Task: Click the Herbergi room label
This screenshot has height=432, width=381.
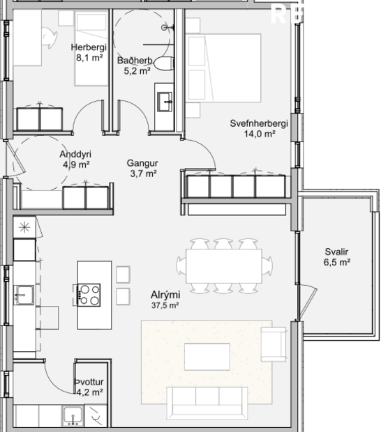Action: coord(87,47)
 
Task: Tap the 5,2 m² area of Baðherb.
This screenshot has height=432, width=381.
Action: coord(137,70)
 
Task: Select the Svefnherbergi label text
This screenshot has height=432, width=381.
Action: coord(259,123)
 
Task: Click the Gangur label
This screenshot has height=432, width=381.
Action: coord(142,164)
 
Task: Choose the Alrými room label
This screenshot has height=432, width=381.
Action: coord(165,295)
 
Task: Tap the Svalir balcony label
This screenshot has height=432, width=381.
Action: coord(336,252)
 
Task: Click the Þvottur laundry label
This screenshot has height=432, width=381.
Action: coord(89,383)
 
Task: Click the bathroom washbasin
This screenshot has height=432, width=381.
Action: coord(165,102)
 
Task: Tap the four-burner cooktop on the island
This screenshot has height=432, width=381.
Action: coord(89,295)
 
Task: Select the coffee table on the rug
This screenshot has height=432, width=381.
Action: coord(207,356)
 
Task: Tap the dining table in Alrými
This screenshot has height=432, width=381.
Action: coord(224,265)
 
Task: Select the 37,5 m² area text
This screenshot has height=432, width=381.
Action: coord(165,305)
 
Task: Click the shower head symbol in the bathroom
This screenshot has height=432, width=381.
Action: coord(165,27)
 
